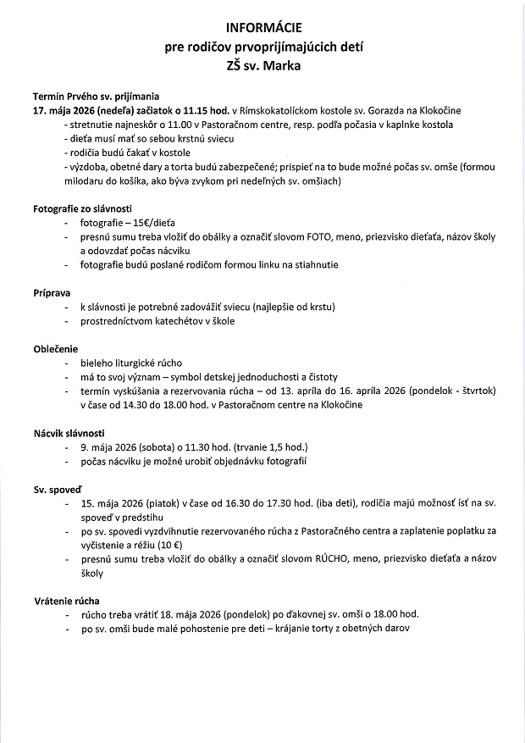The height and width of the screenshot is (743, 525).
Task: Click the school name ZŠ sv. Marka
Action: [262, 64]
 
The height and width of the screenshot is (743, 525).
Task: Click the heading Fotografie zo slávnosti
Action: [82, 208]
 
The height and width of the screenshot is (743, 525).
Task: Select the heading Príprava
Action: [52, 292]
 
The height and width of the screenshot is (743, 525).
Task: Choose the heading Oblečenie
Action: [55, 349]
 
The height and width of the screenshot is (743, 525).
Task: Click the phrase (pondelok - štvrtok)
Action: [458, 391]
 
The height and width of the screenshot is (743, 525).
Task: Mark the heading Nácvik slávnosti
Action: [69, 433]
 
